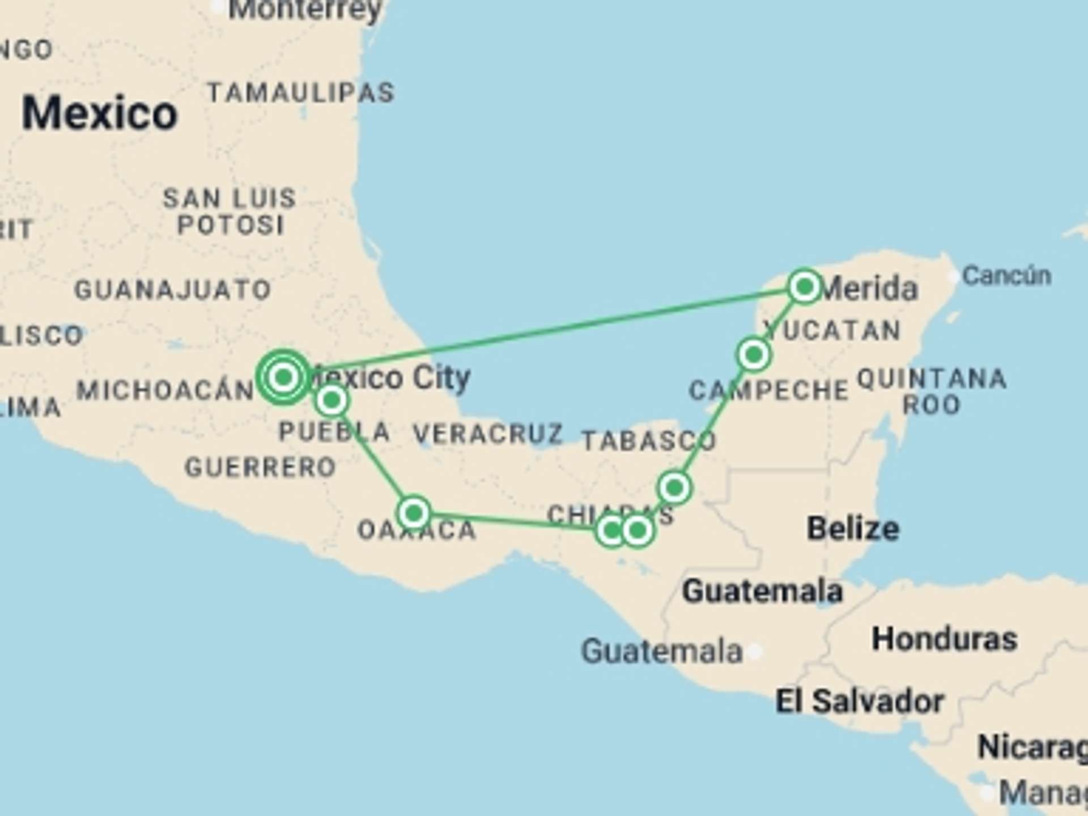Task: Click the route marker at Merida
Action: tap(804, 287)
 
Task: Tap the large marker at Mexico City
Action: tap(284, 376)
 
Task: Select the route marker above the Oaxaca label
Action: tap(414, 513)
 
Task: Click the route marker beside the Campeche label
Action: tap(754, 355)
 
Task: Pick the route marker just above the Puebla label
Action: tap(331, 400)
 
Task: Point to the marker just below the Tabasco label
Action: tap(674, 487)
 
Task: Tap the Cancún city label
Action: tap(1006, 276)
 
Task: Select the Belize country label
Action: tap(853, 529)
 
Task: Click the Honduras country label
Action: tap(944, 639)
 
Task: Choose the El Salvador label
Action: tap(859, 702)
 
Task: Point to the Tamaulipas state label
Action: tap(301, 93)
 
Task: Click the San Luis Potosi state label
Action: tap(230, 211)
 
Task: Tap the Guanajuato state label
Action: tap(173, 290)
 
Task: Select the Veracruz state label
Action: tap(488, 434)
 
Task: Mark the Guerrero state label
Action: tap(261, 467)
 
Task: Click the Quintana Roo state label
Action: tap(932, 391)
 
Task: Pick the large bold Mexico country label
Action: tap(100, 113)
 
